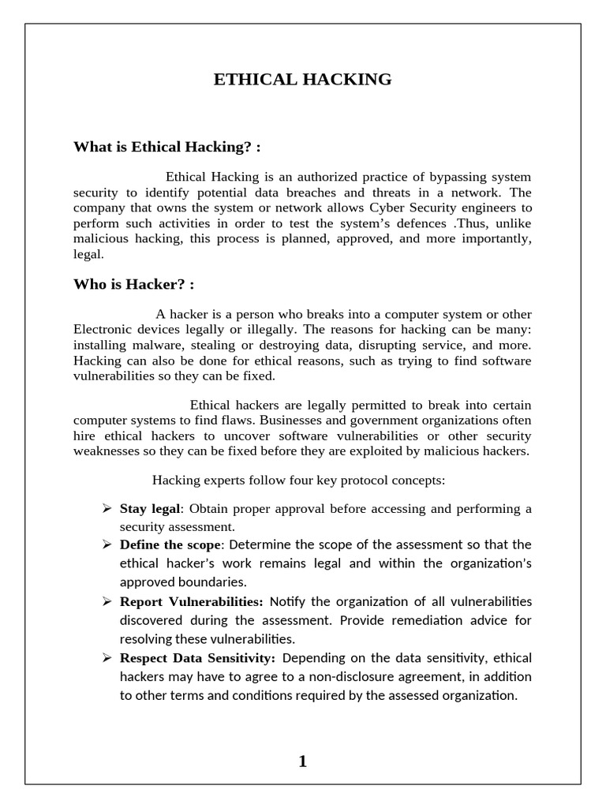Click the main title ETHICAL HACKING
click(303, 79)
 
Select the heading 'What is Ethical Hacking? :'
click(166, 147)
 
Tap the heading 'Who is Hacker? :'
click(133, 283)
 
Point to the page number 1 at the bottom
click(302, 761)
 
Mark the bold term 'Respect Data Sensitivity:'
click(197, 658)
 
